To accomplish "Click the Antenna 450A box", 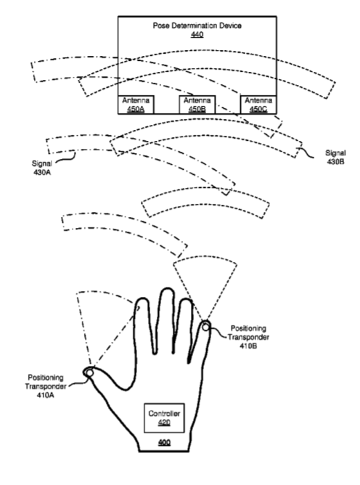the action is (136, 105).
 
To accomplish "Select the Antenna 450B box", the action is (197, 105).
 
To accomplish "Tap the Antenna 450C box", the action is (258, 105).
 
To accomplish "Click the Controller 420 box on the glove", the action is (164, 418).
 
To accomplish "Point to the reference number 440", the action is (197, 34).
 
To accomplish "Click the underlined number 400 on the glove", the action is (164, 443).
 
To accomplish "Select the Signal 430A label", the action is (42, 168).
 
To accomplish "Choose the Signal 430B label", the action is (335, 157).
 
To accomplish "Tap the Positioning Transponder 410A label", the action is (46, 386).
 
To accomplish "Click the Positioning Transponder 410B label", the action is (248, 337).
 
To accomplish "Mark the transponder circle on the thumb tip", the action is (89, 373).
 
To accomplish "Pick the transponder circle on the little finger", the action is (205, 327).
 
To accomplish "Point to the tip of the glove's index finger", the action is (142, 298).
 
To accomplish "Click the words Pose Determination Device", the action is (197, 25).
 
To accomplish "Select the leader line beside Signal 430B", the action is (306, 152).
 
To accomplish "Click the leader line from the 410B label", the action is (218, 333).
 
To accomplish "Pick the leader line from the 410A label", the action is (78, 383).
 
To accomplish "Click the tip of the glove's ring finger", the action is (187, 299).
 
